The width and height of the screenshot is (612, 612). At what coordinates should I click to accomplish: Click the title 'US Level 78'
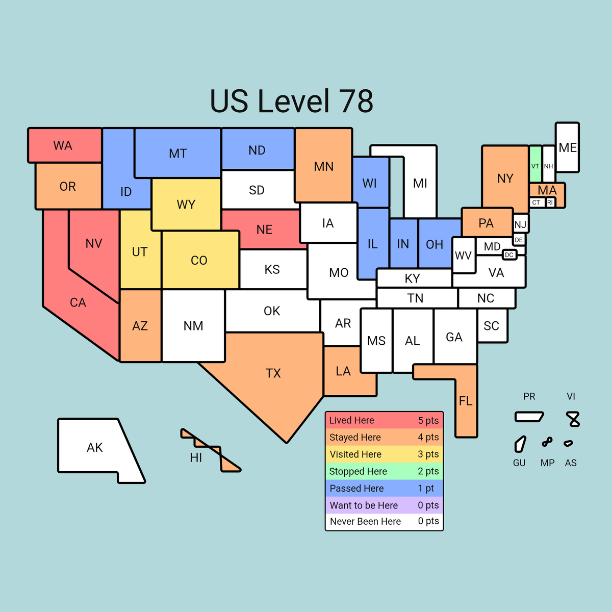pyautogui.click(x=291, y=101)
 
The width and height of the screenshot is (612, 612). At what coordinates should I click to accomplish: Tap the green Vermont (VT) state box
pyautogui.click(x=535, y=164)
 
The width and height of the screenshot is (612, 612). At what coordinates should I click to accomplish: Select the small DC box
pyautogui.click(x=509, y=254)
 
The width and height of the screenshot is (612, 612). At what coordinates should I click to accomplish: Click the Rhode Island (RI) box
pyautogui.click(x=550, y=202)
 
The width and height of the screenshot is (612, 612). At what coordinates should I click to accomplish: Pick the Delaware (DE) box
pyautogui.click(x=519, y=240)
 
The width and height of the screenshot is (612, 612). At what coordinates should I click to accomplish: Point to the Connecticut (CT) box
pyautogui.click(x=536, y=202)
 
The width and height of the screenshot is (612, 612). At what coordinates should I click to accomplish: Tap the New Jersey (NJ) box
pyautogui.click(x=520, y=224)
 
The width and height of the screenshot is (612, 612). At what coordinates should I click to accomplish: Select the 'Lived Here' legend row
pyautogui.click(x=384, y=420)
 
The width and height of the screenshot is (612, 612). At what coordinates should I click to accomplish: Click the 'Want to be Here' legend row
pyautogui.click(x=384, y=505)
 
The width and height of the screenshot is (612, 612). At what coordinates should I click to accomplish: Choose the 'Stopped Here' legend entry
pyautogui.click(x=384, y=471)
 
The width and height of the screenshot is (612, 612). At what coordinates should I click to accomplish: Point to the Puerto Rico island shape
pyautogui.click(x=529, y=417)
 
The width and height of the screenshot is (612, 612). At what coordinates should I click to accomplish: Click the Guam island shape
pyautogui.click(x=520, y=444)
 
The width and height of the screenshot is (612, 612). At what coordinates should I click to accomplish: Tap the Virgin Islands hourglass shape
pyautogui.click(x=573, y=419)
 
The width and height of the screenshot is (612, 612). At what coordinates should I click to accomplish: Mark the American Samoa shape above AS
pyautogui.click(x=568, y=443)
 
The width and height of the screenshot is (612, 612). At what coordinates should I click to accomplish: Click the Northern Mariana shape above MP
pyautogui.click(x=547, y=442)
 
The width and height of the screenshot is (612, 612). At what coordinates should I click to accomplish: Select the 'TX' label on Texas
pyautogui.click(x=273, y=373)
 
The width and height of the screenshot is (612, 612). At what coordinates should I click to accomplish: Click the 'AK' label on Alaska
pyautogui.click(x=95, y=448)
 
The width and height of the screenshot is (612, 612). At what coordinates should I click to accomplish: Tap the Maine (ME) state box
pyautogui.click(x=567, y=147)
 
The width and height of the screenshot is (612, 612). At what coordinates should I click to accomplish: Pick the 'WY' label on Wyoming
pyautogui.click(x=186, y=205)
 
